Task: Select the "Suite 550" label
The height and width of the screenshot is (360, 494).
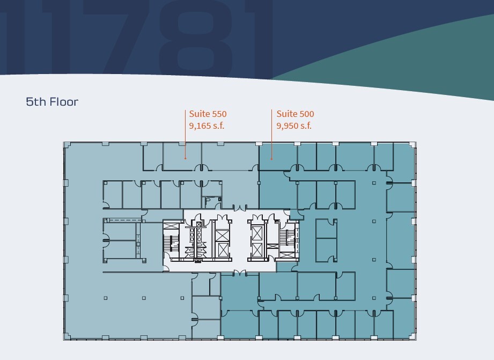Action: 208,114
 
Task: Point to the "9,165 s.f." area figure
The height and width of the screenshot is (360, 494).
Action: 207,126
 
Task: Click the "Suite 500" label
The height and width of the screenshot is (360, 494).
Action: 296,114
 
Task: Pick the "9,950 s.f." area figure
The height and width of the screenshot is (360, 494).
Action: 294,126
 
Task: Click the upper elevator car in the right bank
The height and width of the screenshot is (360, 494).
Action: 257,233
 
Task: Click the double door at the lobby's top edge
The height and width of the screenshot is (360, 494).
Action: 240,207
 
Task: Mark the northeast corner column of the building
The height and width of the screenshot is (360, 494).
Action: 412,144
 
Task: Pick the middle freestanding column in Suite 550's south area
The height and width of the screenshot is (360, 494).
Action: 143,298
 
